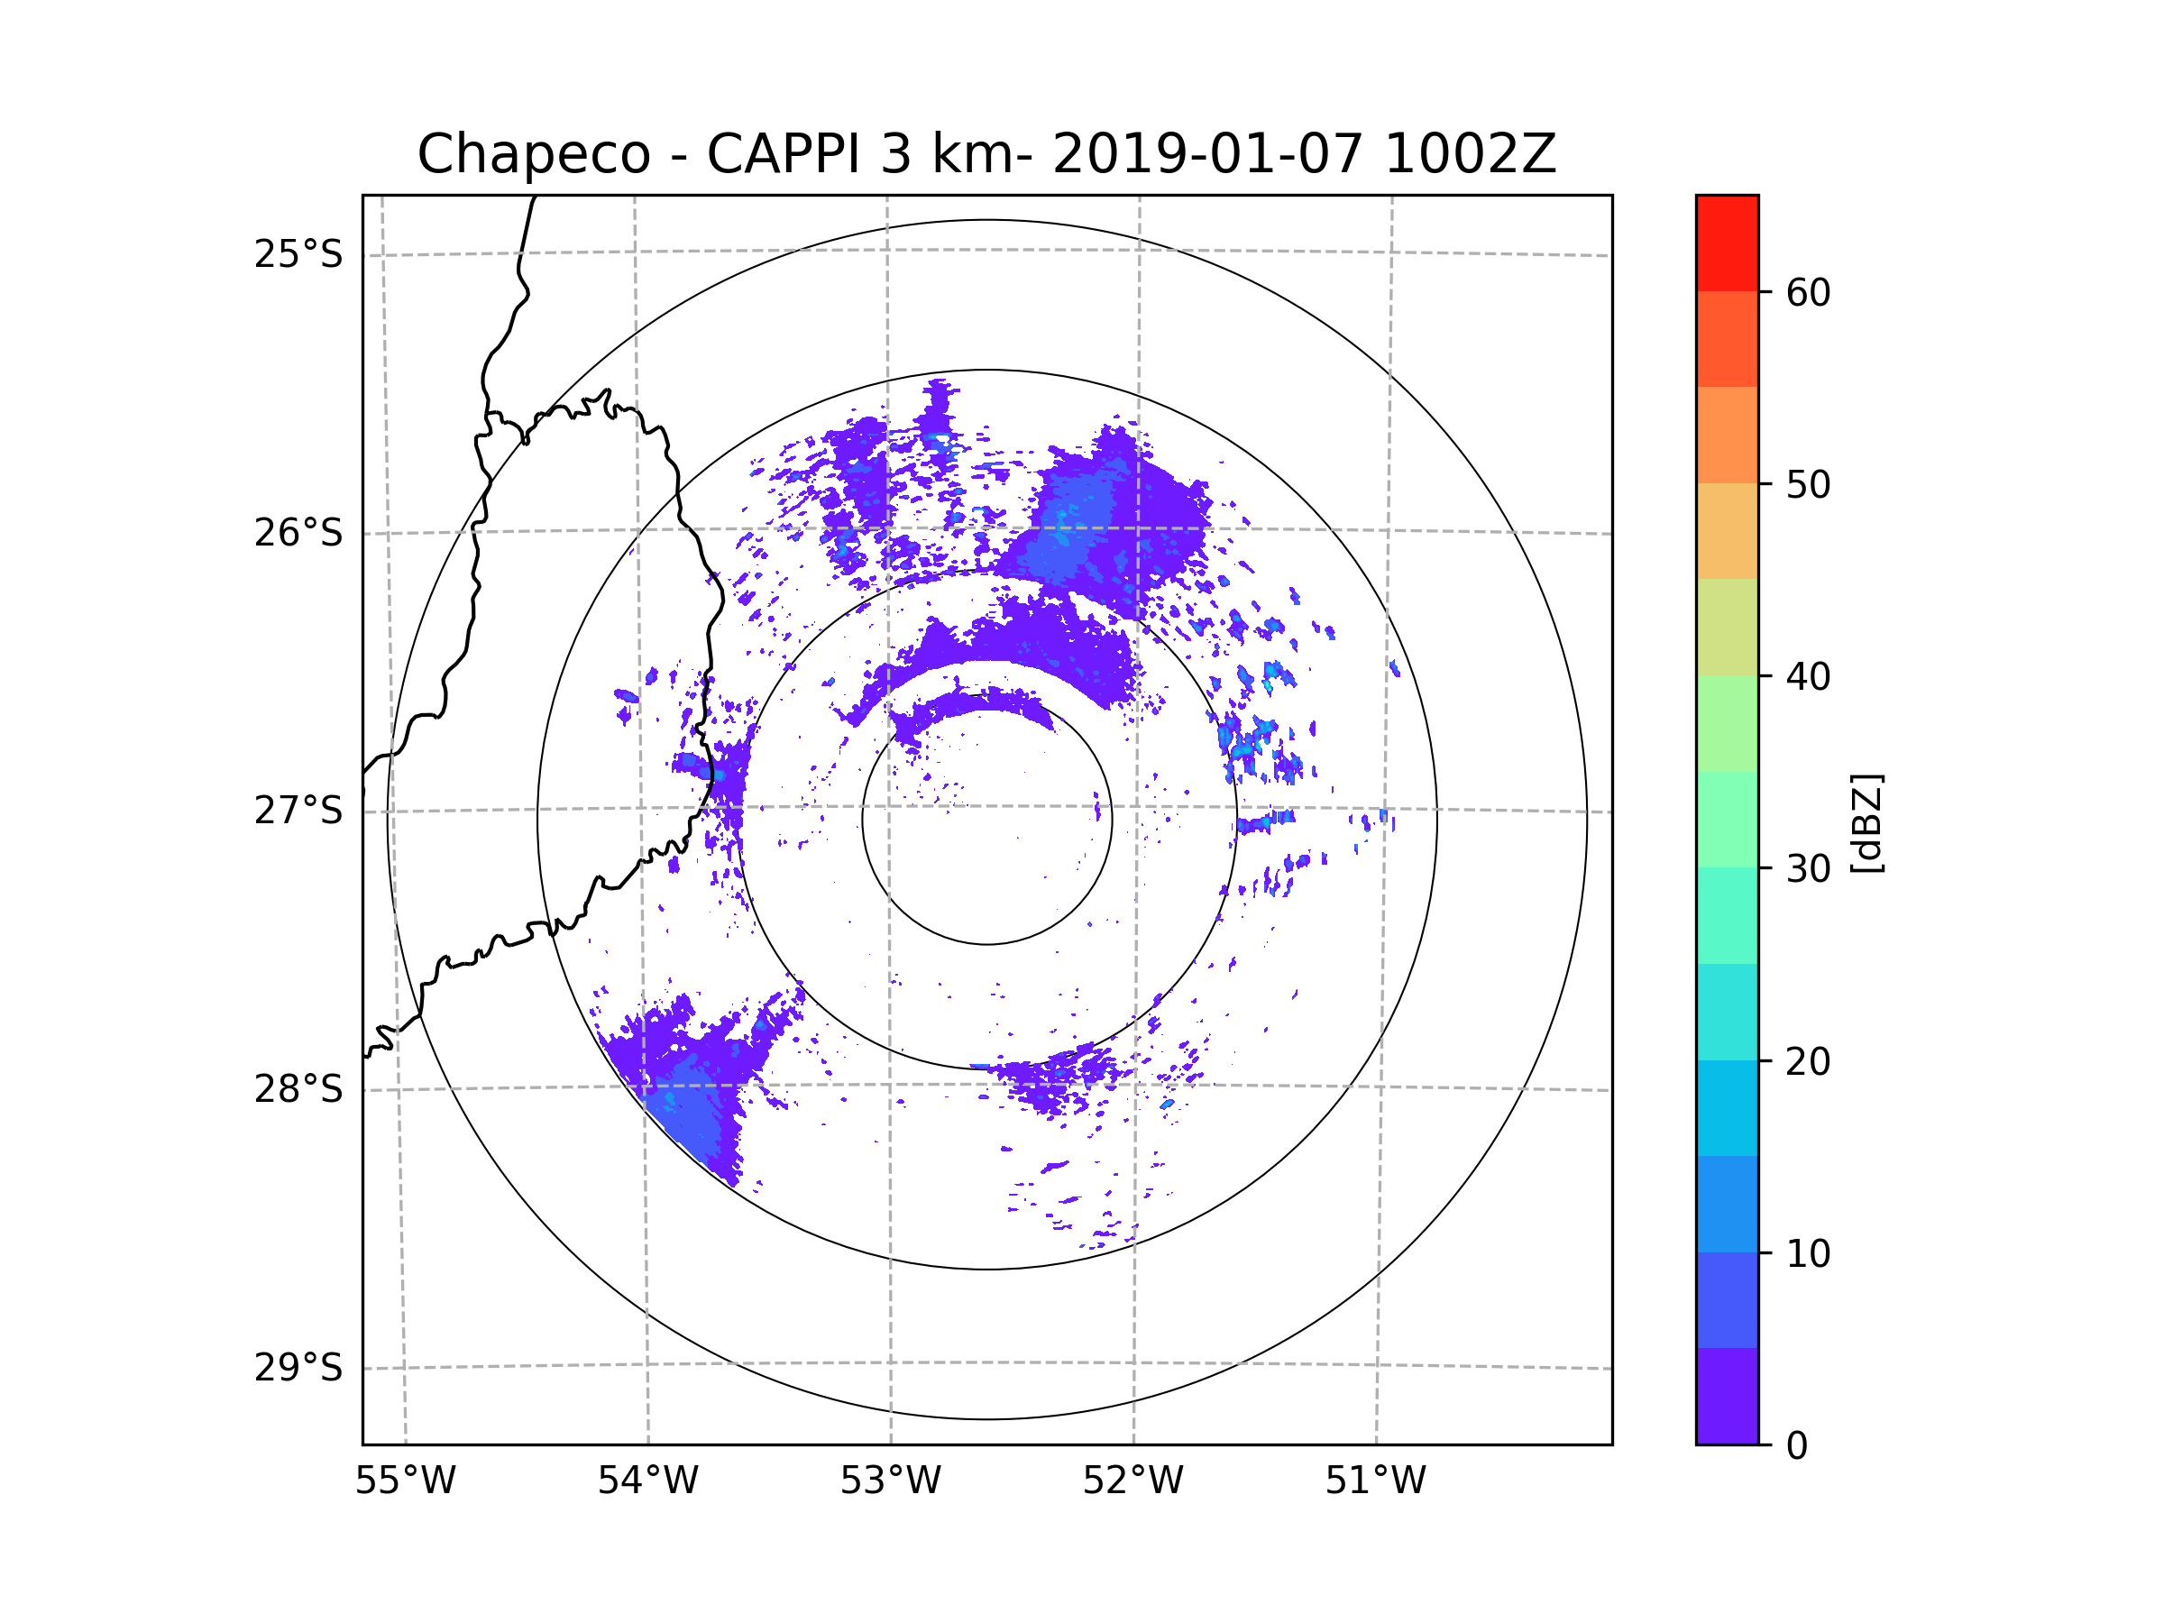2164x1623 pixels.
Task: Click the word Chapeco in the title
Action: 533,154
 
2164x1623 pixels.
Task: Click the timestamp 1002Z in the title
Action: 1470,154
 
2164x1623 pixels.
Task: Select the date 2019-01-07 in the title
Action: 1207,154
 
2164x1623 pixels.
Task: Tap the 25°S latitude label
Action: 298,254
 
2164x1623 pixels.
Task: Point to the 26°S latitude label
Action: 298,533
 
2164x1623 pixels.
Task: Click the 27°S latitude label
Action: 298,811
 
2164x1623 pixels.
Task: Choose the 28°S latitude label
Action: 298,1089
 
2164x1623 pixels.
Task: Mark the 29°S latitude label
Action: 298,1368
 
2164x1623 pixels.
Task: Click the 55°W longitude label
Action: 405,1481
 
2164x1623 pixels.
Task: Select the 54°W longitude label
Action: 647,1481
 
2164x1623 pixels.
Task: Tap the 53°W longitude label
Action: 890,1481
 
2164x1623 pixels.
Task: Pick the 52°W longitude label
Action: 1132,1481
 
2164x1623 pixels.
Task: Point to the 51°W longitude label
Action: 1375,1481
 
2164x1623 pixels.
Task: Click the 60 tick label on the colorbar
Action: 1808,292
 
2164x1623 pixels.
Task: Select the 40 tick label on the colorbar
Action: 1808,677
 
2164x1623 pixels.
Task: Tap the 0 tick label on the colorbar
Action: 1797,1446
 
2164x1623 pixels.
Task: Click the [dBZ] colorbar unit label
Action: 1866,822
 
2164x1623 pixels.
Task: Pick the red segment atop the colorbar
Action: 1727,243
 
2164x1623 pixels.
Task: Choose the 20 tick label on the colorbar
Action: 1808,1061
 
